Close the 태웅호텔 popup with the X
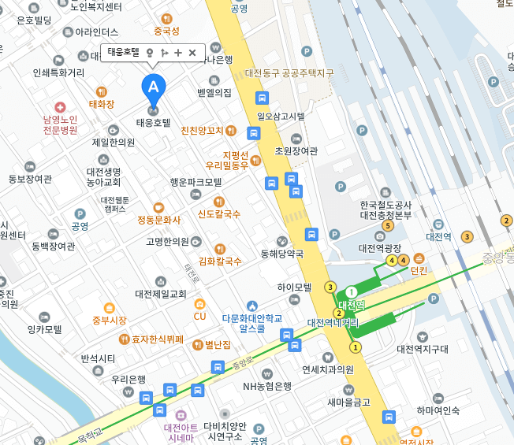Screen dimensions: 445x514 click(x=192, y=53)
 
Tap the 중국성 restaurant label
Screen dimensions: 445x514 click(x=166, y=32)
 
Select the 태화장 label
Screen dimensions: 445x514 click(x=101, y=104)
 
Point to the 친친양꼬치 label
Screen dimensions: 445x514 click(x=203, y=131)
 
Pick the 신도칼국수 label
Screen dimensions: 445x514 click(x=219, y=213)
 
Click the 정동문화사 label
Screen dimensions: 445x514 click(x=158, y=219)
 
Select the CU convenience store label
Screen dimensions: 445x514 click(x=199, y=316)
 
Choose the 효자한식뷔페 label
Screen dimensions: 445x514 click(x=157, y=339)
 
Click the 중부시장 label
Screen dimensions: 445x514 click(x=109, y=320)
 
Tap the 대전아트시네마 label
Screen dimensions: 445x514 click(x=179, y=432)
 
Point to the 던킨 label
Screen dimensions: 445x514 click(x=419, y=270)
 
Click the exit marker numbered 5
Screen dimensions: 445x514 click(x=387, y=226)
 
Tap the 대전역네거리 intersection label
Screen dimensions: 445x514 click(x=333, y=322)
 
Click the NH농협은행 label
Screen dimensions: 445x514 click(x=267, y=386)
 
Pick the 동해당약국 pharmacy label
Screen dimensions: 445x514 click(x=282, y=254)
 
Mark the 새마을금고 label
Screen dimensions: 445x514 click(x=349, y=402)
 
